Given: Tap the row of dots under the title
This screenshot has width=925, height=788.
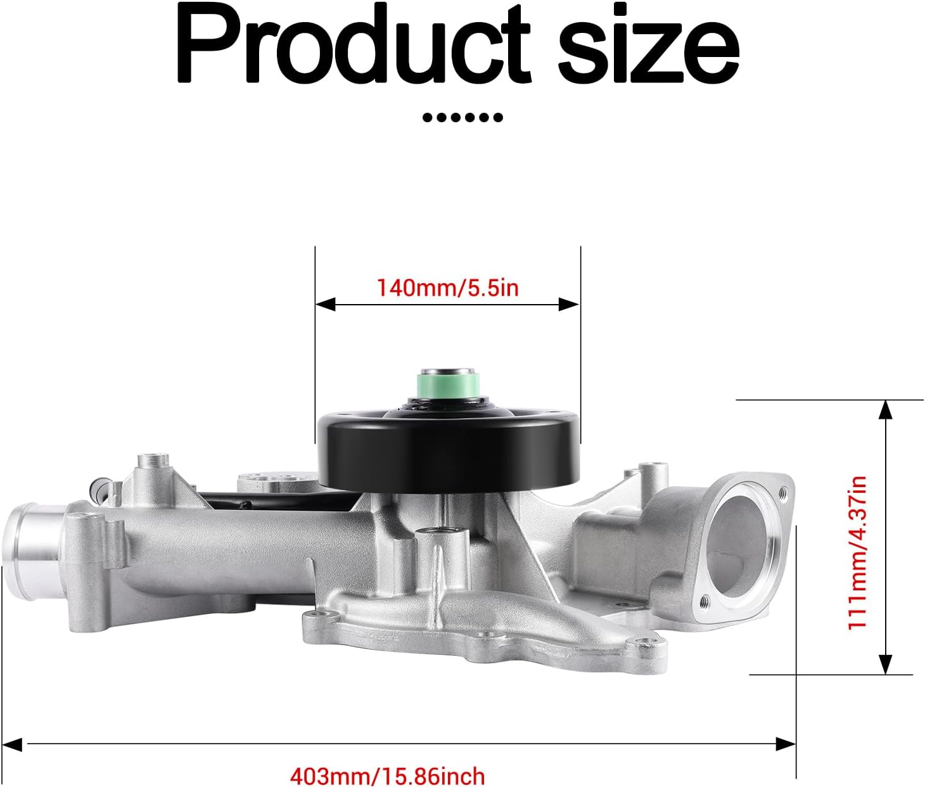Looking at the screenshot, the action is point(462,118).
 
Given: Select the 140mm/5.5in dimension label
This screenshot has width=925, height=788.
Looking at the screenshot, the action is point(448,288).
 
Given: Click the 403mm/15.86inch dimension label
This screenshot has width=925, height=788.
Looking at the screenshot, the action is point(388,775).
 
